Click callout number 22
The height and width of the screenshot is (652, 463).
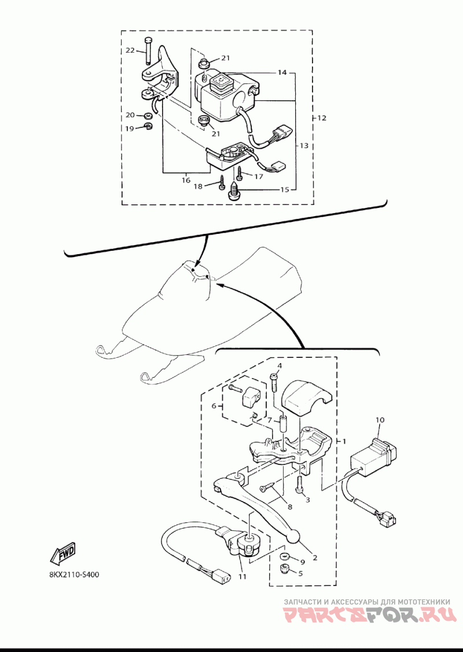(130, 51)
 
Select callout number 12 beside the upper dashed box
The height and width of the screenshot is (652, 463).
(322, 118)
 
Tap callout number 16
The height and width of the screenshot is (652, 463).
(186, 181)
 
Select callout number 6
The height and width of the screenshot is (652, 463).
(215, 406)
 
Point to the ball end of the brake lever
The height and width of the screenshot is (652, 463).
(293, 539)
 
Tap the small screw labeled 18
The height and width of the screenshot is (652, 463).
(222, 185)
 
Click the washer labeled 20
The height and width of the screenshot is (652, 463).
(149, 116)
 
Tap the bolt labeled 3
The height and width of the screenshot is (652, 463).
(300, 485)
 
